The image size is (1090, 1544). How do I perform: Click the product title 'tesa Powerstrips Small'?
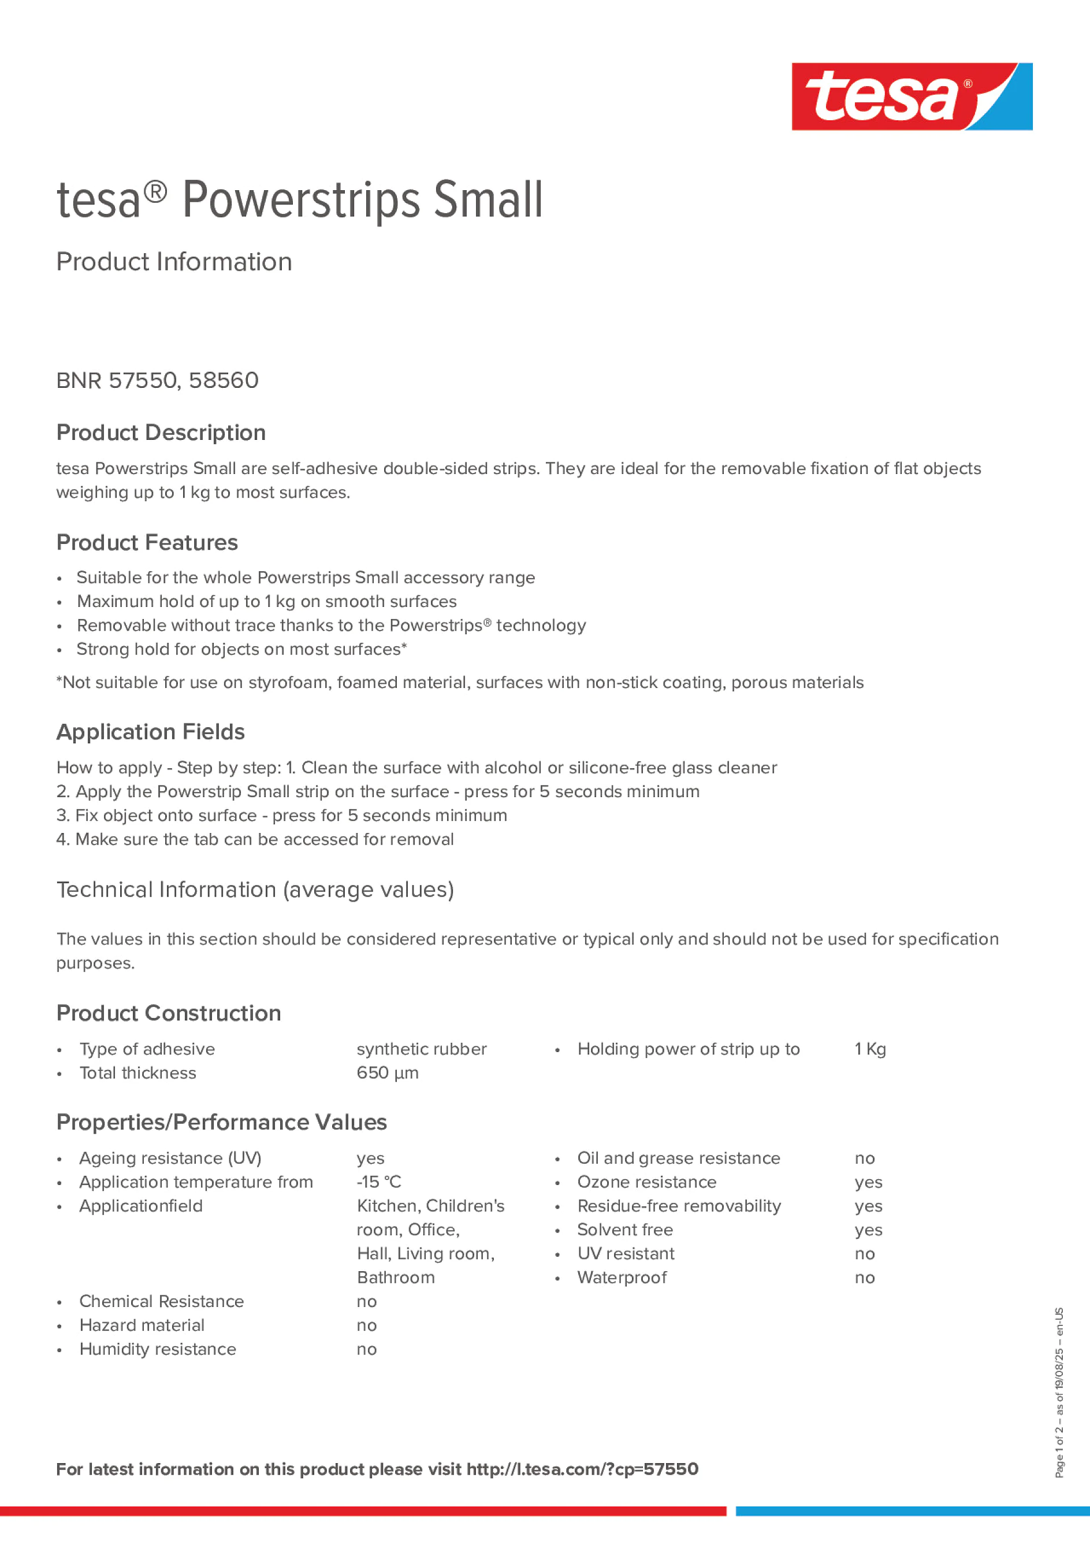point(300,201)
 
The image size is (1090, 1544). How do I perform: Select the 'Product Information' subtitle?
point(174,262)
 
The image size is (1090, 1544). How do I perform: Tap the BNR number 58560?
point(223,380)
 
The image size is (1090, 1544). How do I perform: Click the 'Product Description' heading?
point(161,432)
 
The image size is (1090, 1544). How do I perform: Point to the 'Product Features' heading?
point(147,542)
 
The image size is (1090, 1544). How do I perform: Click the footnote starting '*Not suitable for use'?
point(460,683)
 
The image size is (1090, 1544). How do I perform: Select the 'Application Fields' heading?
point(151,732)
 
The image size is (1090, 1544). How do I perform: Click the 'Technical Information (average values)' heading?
point(255,890)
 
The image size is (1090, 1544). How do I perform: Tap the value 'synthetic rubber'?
point(421,1049)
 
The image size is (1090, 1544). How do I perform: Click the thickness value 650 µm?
point(387,1073)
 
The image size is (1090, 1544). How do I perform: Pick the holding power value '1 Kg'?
point(870,1049)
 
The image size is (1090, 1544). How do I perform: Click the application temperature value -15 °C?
point(378,1182)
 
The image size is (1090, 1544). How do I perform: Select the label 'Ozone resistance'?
point(646,1182)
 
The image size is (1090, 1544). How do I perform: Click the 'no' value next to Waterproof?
point(864,1277)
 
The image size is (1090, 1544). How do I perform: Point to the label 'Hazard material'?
point(142,1325)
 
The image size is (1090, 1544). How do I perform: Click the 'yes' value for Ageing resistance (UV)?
point(370,1158)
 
